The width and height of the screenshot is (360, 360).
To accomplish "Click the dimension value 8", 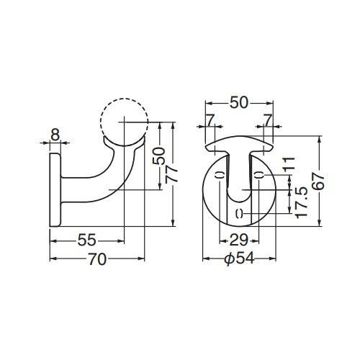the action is tap(55, 135).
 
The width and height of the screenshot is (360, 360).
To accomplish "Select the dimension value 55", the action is tap(87, 240).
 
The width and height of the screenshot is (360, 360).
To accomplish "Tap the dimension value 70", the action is tap(97, 259).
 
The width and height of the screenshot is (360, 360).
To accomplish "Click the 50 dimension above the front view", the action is tap(239, 103).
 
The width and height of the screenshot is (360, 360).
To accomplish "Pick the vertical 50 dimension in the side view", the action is tap(159, 156).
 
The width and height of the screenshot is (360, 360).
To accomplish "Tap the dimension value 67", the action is tap(320, 182).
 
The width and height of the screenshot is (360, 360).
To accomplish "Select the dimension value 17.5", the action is tap(302, 203).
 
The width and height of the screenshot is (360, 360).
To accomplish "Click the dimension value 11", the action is tap(289, 164).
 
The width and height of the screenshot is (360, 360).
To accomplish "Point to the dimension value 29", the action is tap(238, 240).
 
